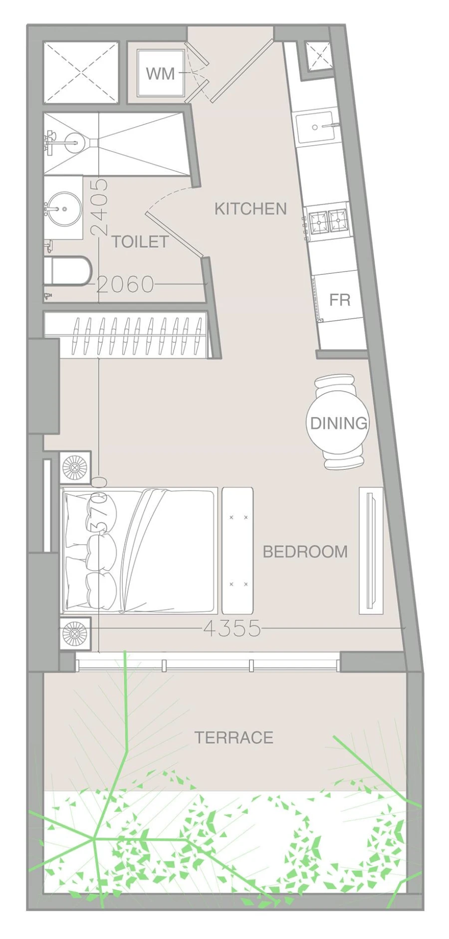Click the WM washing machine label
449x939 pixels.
tap(160, 73)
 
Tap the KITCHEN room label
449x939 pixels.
tap(250, 209)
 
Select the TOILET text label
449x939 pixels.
tap(140, 241)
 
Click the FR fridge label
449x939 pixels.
tap(340, 300)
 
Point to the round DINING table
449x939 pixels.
tap(338, 423)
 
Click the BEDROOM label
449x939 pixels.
tap(305, 551)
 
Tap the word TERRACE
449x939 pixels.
tap(233, 737)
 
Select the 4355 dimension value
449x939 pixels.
tap(232, 629)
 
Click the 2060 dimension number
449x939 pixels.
tap(125, 284)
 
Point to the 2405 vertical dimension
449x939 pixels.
tap(99, 207)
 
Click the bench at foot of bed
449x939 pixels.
tap(237, 550)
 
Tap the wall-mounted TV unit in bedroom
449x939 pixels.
tap(371, 550)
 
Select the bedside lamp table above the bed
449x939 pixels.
tap(75, 468)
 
